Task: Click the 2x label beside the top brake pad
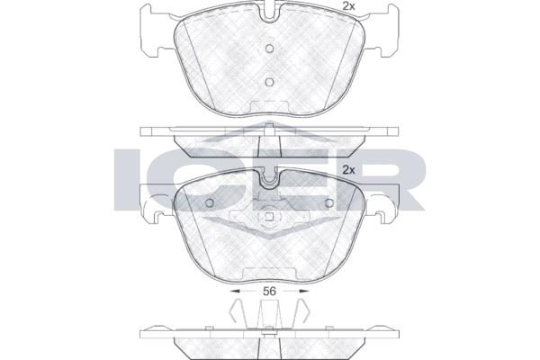pyautogui.click(x=348, y=6)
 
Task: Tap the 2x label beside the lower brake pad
pyautogui.click(x=348, y=170)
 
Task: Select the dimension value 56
pyautogui.click(x=269, y=291)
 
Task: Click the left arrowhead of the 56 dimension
pyautogui.click(x=235, y=291)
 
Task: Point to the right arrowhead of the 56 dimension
pyautogui.click(x=304, y=291)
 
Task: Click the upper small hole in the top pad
pyautogui.click(x=270, y=49)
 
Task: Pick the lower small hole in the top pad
pyautogui.click(x=270, y=82)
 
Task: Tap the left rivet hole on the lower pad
pyautogui.click(x=210, y=202)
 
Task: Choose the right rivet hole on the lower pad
pyautogui.click(x=329, y=202)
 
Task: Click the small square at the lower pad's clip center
pyautogui.click(x=270, y=216)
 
